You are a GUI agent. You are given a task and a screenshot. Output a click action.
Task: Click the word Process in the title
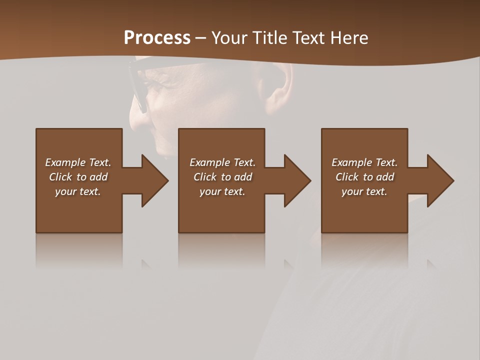pyautogui.click(x=157, y=38)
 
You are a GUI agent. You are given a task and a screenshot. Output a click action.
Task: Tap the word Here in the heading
pyautogui.click(x=348, y=38)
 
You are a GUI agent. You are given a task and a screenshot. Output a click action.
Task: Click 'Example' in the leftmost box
pyautogui.click(x=65, y=162)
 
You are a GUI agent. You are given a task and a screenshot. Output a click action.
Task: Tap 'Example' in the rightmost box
pyautogui.click(x=351, y=162)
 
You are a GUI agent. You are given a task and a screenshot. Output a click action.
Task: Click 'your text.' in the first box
pyautogui.click(x=78, y=191)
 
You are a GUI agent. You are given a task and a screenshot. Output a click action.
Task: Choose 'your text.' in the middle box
pyautogui.click(x=222, y=191)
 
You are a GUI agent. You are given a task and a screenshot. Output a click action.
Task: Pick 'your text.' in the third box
pyautogui.click(x=364, y=191)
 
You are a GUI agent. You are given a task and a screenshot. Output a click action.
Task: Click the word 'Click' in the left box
pyautogui.click(x=60, y=177)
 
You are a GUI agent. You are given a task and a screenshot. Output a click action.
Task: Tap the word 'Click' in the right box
pyautogui.click(x=347, y=177)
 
